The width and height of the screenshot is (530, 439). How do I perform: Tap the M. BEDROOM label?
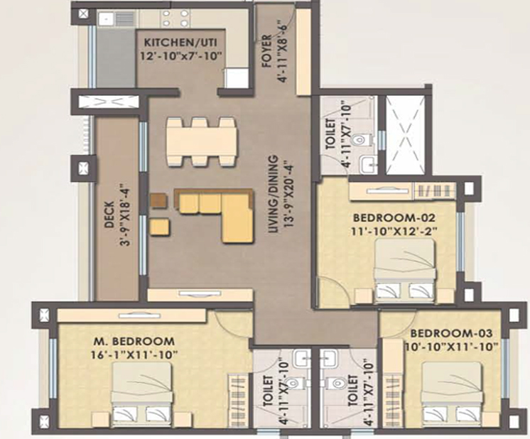tap(134, 340)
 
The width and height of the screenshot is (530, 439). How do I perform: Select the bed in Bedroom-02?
tap(404, 270)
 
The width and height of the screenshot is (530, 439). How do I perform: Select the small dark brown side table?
tap(157, 201)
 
